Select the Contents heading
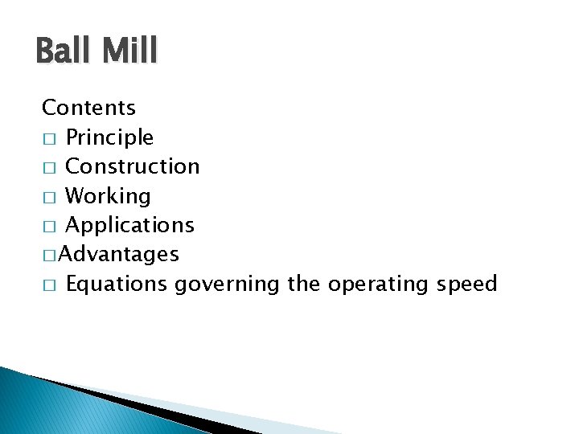(x=88, y=107)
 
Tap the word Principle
(x=109, y=137)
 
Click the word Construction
(x=132, y=166)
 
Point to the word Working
(x=108, y=196)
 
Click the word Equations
(x=117, y=285)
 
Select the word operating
(x=378, y=285)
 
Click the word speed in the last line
(x=466, y=285)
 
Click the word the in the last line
(x=303, y=285)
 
